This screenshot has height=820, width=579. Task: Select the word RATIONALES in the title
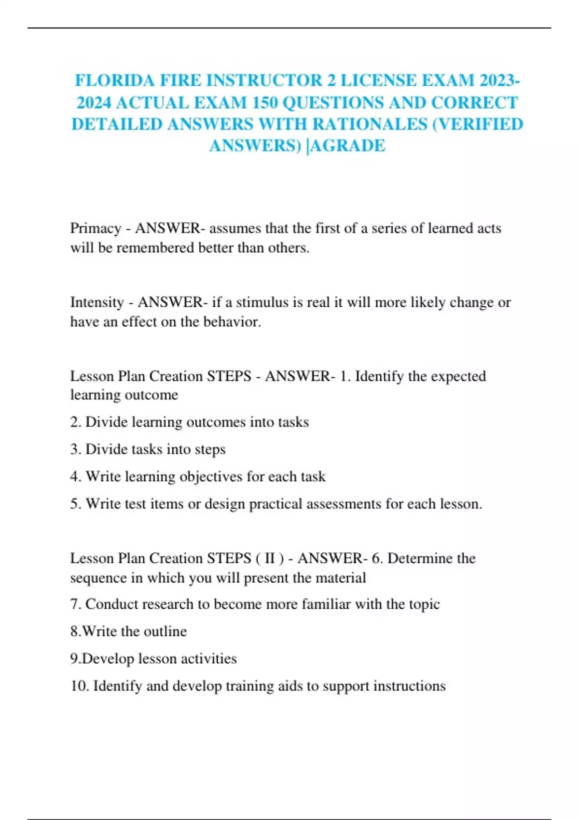pyautogui.click(x=369, y=124)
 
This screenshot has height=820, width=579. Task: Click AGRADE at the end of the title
pyautogui.click(x=348, y=146)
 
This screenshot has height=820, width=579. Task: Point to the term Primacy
pyautogui.click(x=96, y=228)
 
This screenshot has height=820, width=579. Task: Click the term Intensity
pyautogui.click(x=97, y=302)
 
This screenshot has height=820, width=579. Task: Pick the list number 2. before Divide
pyautogui.click(x=75, y=422)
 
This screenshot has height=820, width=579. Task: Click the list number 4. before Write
pyautogui.click(x=75, y=477)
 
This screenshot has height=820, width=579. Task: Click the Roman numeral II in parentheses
pyautogui.click(x=270, y=559)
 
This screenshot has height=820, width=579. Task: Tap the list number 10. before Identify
pyautogui.click(x=79, y=686)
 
